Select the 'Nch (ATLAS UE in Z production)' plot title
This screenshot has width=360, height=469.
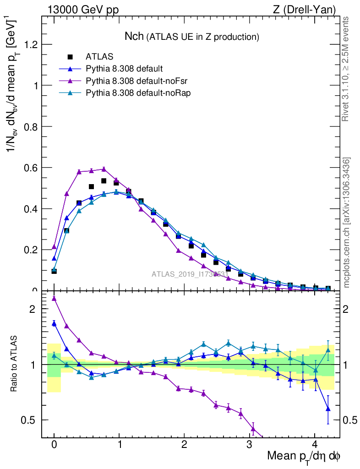click(x=192, y=36)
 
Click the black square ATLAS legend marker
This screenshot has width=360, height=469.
click(x=70, y=57)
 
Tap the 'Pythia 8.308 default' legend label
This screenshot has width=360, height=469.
click(x=124, y=69)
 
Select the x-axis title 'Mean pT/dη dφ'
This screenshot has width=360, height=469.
click(x=303, y=456)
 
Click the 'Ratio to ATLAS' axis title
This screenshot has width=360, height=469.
click(x=15, y=364)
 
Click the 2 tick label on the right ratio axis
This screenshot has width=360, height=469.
click(x=349, y=309)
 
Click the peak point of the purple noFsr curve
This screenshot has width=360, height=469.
click(x=104, y=169)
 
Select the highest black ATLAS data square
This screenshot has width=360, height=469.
click(x=104, y=181)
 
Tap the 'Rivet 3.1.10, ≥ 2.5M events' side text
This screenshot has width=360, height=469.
click(x=346, y=69)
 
